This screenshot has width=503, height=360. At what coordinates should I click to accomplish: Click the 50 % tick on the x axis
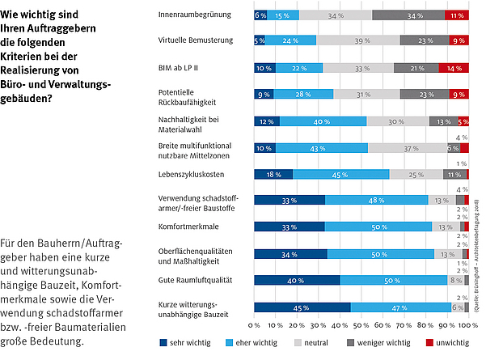pyautogui.click(x=361, y=326)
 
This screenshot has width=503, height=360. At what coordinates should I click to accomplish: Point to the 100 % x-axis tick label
pyautogui.click(x=467, y=326)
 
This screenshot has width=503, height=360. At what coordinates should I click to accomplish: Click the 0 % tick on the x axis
pyautogui.click(x=254, y=326)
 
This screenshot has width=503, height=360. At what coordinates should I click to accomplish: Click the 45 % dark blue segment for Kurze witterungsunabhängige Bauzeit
pyautogui.click(x=302, y=307)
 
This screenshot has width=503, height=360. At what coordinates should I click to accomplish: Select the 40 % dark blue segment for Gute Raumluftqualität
pyautogui.click(x=297, y=280)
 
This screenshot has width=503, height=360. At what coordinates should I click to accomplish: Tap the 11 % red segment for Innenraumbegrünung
pyautogui.click(x=457, y=15)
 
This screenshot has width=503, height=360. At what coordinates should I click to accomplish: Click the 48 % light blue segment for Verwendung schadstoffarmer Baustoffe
pyautogui.click(x=376, y=201)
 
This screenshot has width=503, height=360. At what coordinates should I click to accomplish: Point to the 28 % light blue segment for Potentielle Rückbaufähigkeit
pyautogui.click(x=303, y=95)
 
